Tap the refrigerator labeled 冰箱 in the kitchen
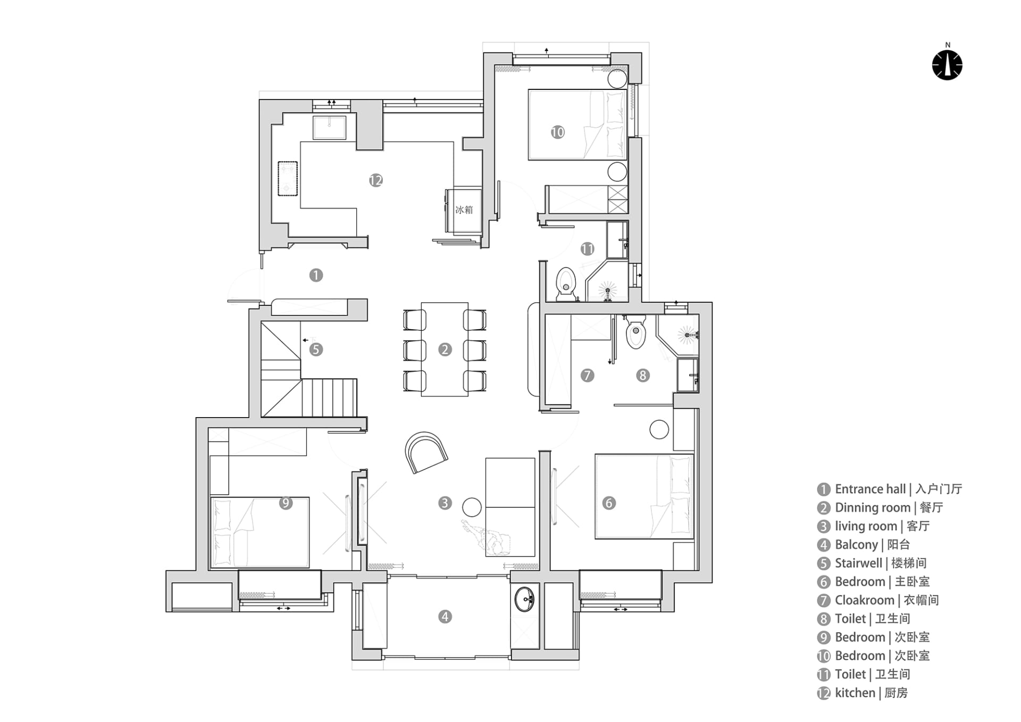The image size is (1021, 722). pyautogui.click(x=464, y=210)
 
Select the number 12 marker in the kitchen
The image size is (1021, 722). pyautogui.click(x=376, y=180)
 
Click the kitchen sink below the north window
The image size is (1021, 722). pyautogui.click(x=330, y=128)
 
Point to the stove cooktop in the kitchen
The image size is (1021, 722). pyautogui.click(x=288, y=179)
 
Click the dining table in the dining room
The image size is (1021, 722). pyautogui.click(x=445, y=350)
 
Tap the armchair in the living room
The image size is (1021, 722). pyautogui.click(x=425, y=452)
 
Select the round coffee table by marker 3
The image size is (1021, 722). pyautogui.click(x=472, y=507)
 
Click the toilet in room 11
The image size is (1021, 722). pyautogui.click(x=566, y=285)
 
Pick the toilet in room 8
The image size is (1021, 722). pyautogui.click(x=636, y=331)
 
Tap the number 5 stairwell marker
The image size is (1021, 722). pyautogui.click(x=316, y=350)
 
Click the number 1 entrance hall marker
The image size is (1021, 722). pyautogui.click(x=316, y=275)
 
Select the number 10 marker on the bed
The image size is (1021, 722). pyautogui.click(x=557, y=132)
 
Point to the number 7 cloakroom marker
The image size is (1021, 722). pyautogui.click(x=587, y=376)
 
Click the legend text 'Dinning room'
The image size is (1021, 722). pyautogui.click(x=873, y=508)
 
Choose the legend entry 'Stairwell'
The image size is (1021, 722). pyautogui.click(x=858, y=563)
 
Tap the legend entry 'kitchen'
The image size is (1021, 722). pyautogui.click(x=855, y=693)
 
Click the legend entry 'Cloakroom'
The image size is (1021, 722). pyautogui.click(x=865, y=600)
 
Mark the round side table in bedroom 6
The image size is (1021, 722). pyautogui.click(x=659, y=429)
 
